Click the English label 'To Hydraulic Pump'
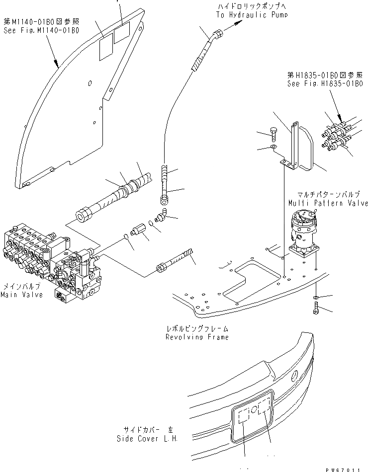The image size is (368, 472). [x=252, y=15]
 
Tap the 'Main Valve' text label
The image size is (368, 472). [x=21, y=295]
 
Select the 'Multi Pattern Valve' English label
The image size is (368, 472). [x=328, y=203]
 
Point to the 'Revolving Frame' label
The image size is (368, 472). [x=197, y=337]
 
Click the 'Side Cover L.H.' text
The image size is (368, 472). [x=147, y=439]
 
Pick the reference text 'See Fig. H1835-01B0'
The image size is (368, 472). [x=325, y=84]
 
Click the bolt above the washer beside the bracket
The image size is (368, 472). [x=273, y=132]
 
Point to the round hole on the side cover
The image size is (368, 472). [x=295, y=374]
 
